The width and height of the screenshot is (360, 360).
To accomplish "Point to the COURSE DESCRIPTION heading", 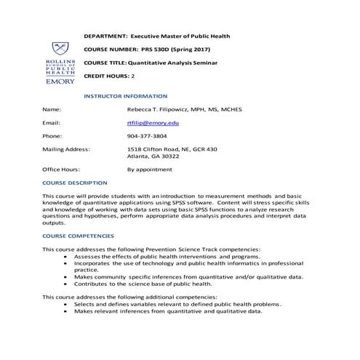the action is (75, 183).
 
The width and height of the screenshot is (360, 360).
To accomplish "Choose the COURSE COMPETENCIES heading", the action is (78, 236).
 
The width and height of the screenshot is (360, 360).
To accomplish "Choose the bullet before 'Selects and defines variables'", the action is (66, 304).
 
